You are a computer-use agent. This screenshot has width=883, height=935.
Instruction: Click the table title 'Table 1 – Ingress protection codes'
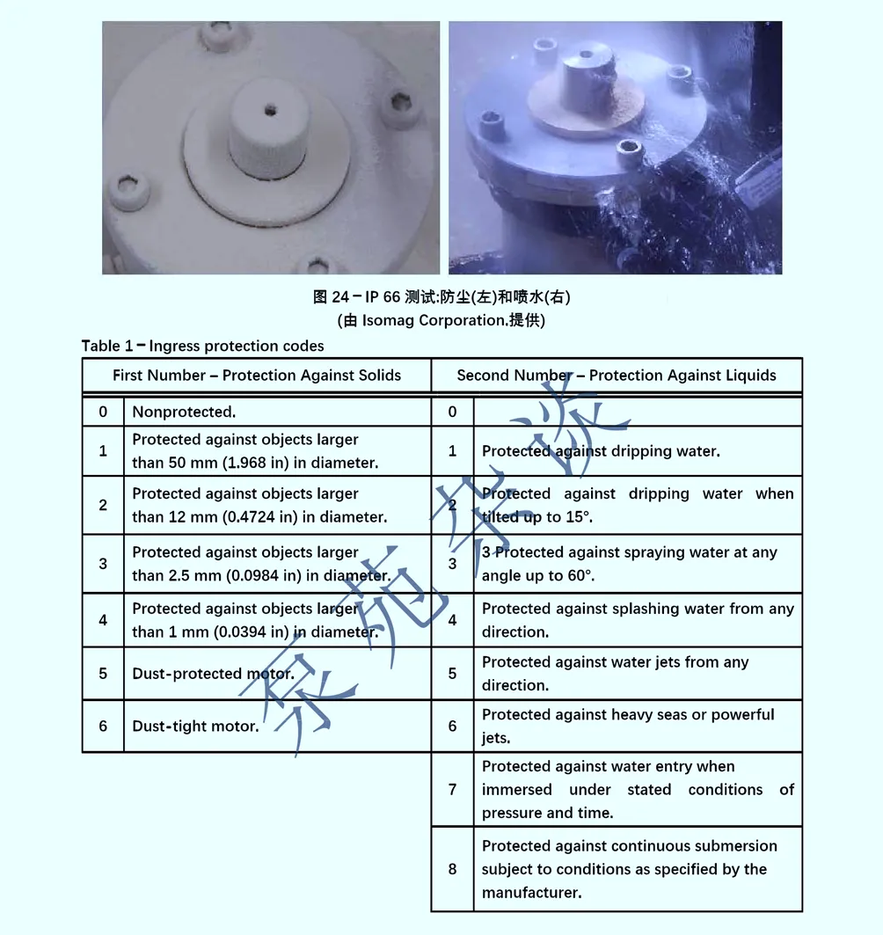coord(202,346)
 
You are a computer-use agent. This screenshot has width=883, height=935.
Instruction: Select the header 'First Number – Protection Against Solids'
coord(257,375)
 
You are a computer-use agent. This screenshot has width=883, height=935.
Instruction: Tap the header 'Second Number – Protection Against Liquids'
coord(617,375)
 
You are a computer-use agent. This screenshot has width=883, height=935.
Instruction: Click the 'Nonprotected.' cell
coord(184,412)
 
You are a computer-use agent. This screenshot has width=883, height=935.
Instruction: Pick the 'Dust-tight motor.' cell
coord(195,726)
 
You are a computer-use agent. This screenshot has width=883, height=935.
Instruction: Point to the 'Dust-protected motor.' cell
coord(214,673)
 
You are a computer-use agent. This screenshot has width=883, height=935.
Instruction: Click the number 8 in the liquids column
coord(453,869)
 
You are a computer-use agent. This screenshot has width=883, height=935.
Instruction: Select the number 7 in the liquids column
coord(453,789)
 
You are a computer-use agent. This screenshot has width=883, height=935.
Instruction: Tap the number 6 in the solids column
coord(103,726)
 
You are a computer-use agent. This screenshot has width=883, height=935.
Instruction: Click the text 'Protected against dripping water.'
coord(601,451)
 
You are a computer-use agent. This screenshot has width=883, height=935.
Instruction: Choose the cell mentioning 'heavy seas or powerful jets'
coord(628,726)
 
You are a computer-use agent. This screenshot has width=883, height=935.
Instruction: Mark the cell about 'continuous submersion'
coord(630,869)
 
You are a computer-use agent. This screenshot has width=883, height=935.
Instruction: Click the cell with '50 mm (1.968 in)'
coord(255,451)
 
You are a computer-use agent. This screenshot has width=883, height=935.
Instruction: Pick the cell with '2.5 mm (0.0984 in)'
coord(261,564)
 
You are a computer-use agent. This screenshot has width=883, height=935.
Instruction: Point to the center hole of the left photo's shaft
coord(270,110)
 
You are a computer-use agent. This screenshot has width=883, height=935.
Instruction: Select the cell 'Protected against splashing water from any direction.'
coord(638,619)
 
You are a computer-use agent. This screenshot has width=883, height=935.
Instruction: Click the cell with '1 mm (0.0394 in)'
coord(255,619)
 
